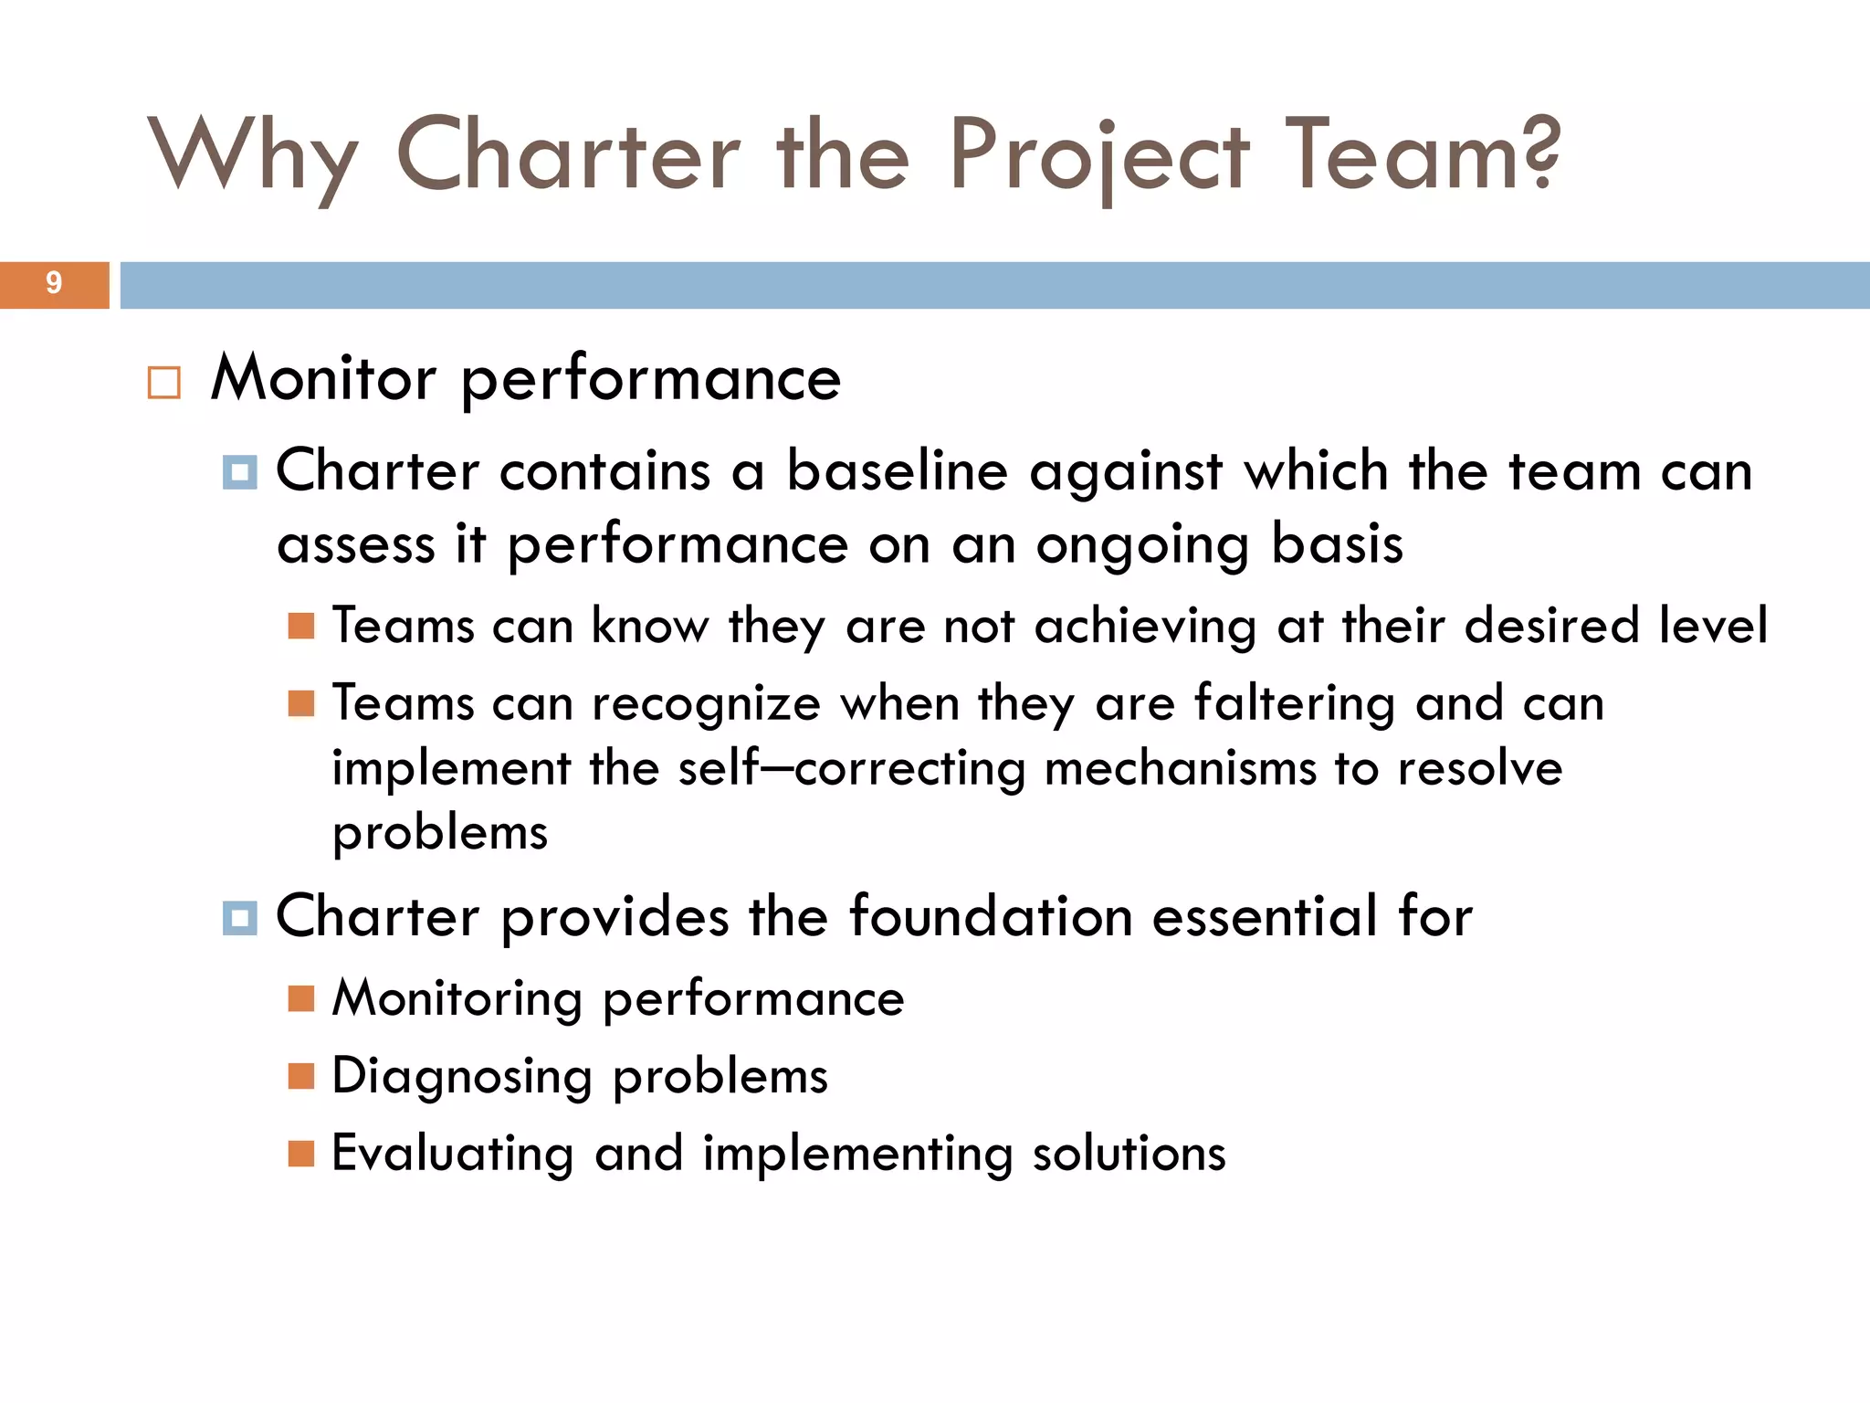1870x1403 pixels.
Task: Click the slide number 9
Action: (x=54, y=283)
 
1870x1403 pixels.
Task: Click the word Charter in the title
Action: (x=568, y=155)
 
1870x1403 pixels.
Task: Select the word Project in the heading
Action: (x=1098, y=157)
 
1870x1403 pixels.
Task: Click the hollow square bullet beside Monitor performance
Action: (x=164, y=383)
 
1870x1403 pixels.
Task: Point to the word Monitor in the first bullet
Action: (x=324, y=378)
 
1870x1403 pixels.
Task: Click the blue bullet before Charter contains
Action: (x=239, y=472)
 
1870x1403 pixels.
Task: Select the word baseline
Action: (x=898, y=472)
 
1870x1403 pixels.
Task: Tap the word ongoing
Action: (x=1142, y=546)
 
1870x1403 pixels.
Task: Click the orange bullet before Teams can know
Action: (x=300, y=627)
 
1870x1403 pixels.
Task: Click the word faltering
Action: (x=1294, y=704)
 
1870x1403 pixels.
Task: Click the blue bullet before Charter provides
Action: (x=239, y=917)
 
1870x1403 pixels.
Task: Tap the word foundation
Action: (x=991, y=916)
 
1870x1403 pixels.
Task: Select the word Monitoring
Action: (x=457, y=999)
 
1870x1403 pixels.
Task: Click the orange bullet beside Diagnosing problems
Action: (x=300, y=1076)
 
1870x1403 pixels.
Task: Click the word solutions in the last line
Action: (x=1129, y=1154)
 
